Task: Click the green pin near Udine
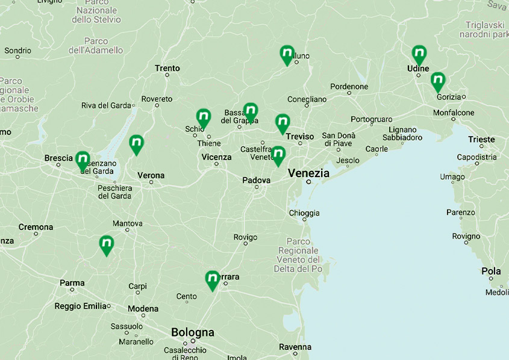point(419,54)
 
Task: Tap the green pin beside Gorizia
point(438,81)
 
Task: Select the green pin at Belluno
point(287,54)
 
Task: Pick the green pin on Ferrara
point(212,279)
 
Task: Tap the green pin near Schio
point(204,117)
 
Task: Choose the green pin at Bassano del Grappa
point(251,111)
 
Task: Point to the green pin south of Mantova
point(107,244)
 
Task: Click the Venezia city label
point(308,173)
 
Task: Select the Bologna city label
point(192,332)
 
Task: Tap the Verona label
point(151,176)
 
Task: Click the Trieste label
point(481,140)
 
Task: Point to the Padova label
point(256,180)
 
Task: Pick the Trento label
point(167,68)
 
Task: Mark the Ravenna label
point(295,347)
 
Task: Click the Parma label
point(72,282)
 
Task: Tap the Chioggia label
point(304,213)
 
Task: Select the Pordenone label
point(349,87)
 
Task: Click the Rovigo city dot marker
point(245,243)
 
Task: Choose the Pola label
point(491,272)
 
